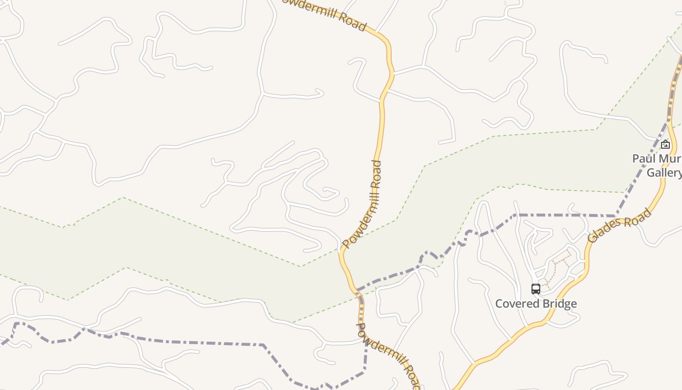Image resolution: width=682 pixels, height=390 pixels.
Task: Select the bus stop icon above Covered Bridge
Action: pyautogui.click(x=536, y=289)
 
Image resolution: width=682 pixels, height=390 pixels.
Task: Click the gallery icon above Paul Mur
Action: pyautogui.click(x=665, y=144)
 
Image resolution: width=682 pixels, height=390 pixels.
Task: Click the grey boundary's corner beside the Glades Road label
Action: pyautogui.click(x=616, y=215)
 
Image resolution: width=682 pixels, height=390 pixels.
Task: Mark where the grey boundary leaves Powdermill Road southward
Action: pyautogui.click(x=364, y=336)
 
